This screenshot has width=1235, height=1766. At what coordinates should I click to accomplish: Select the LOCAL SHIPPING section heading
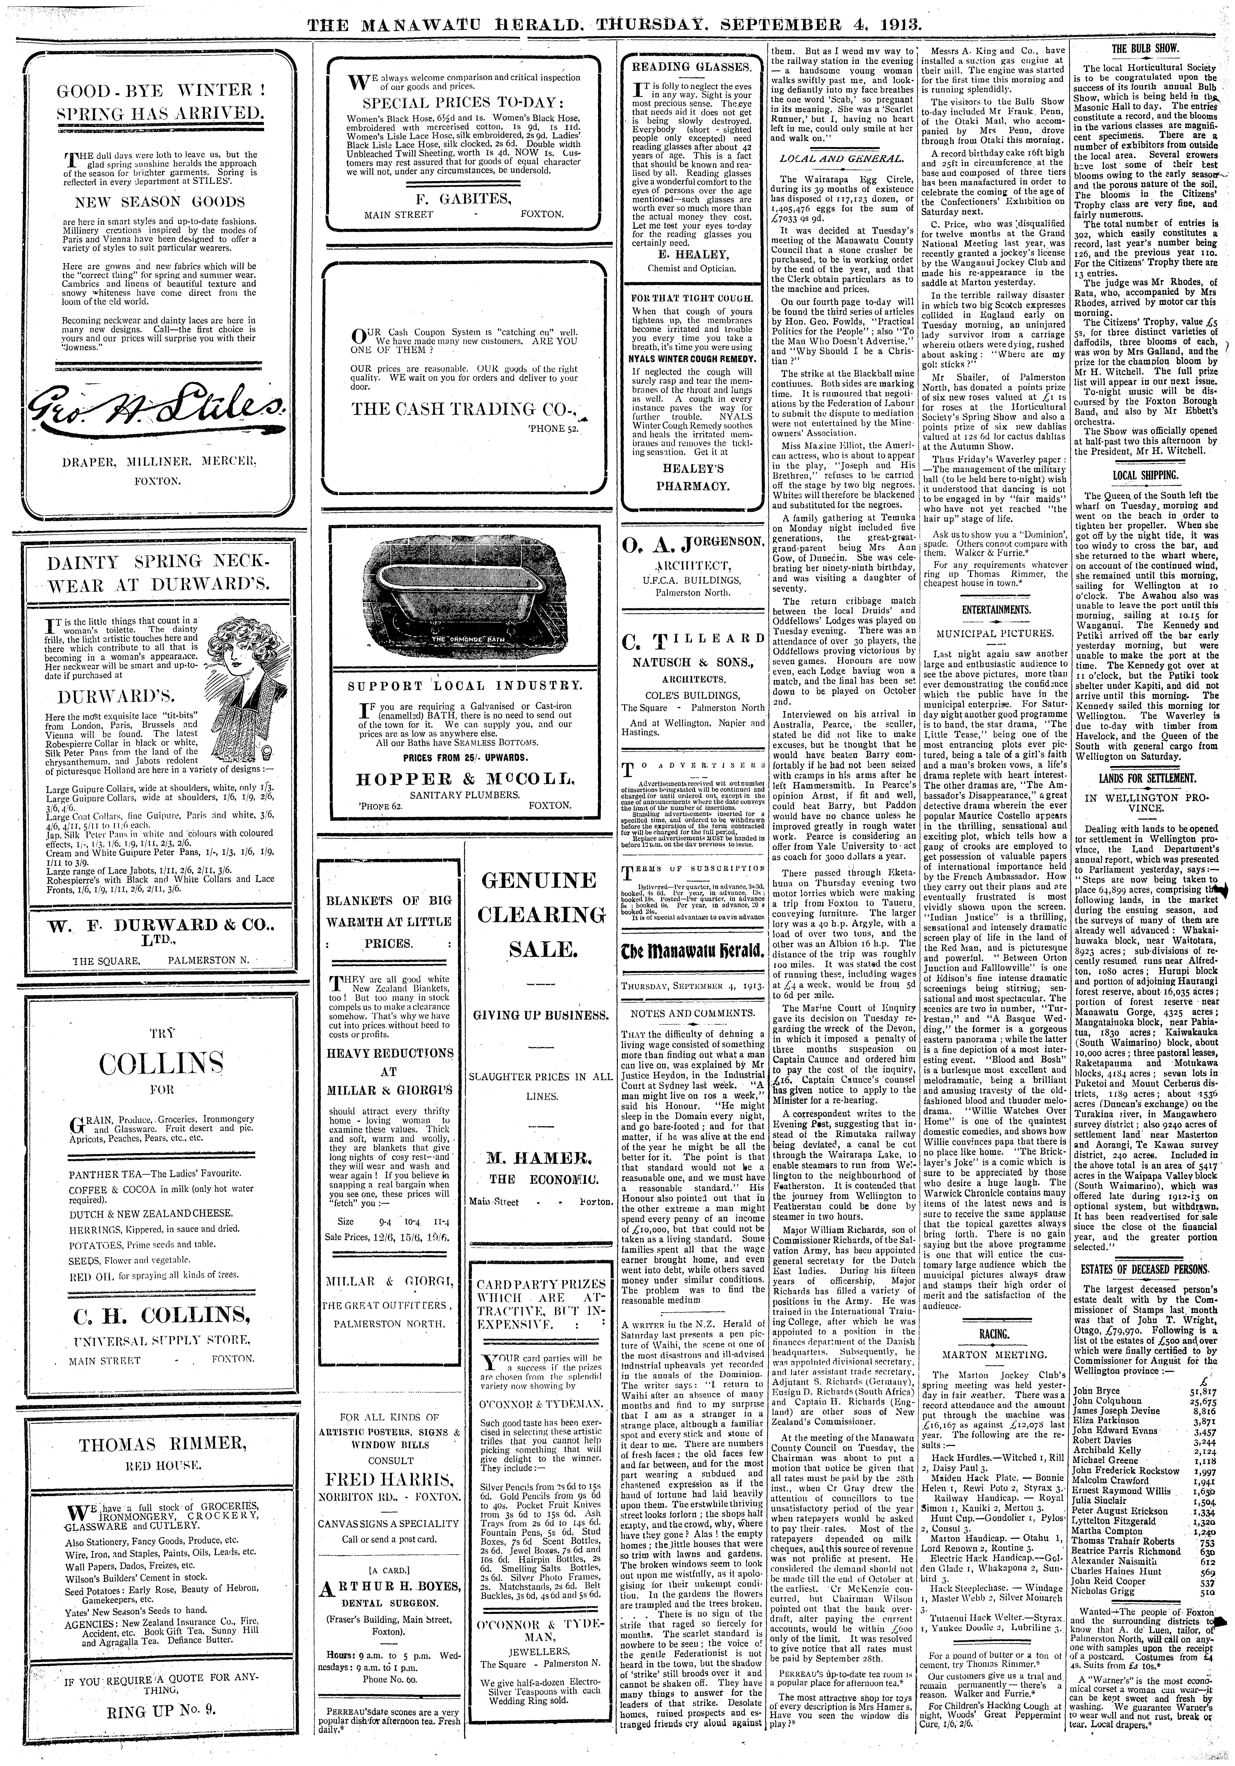click(1146, 475)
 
